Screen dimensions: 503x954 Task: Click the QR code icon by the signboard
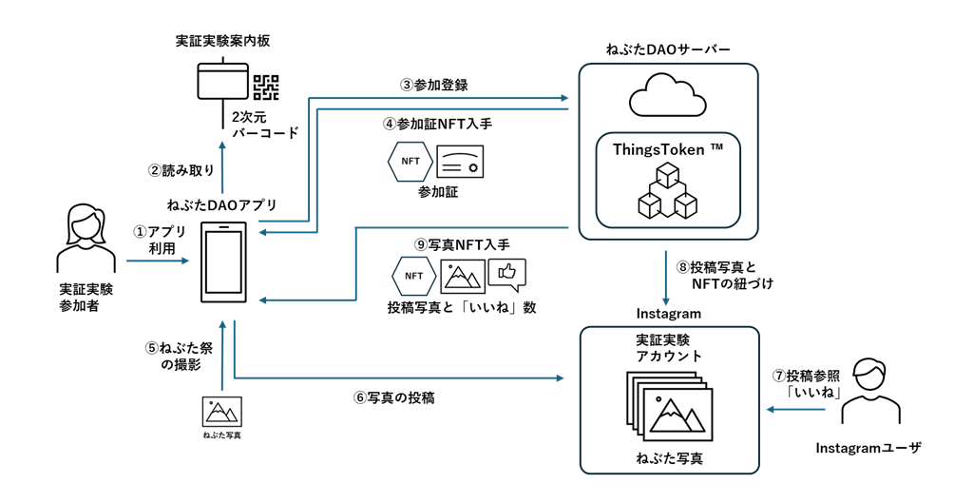pos(266,87)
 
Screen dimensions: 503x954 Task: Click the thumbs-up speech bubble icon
pos(506,275)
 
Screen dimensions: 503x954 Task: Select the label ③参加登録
pos(433,85)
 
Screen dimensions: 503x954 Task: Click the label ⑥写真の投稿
pos(393,398)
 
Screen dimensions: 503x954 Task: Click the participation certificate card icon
pos(459,162)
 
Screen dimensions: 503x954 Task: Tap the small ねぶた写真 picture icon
pos(221,412)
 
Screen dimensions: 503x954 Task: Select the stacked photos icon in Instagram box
pos(668,407)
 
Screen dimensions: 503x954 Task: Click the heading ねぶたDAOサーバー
pos(668,48)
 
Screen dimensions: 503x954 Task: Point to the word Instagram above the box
pos(668,314)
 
